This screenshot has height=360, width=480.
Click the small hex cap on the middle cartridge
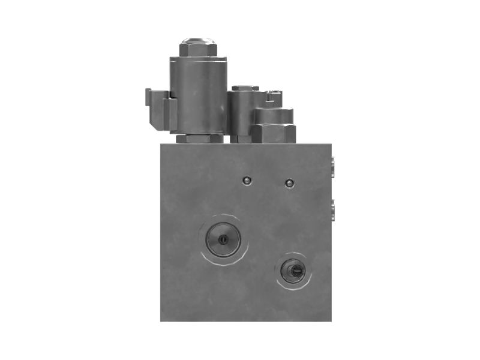pyautogui.click(x=245, y=89)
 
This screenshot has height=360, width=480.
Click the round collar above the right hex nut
pyautogui.click(x=274, y=115)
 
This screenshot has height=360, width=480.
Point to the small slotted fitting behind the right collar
pyautogui.click(x=275, y=95)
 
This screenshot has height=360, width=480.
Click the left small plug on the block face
pyautogui.click(x=245, y=181)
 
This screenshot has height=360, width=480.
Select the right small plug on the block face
pyautogui.click(x=289, y=183)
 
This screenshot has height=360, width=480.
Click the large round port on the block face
pyautogui.click(x=223, y=238)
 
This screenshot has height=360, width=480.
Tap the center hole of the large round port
pyautogui.click(x=223, y=239)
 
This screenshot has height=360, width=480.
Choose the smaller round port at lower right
pyautogui.click(x=294, y=271)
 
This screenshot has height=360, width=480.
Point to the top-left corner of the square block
pyautogui.click(x=161, y=144)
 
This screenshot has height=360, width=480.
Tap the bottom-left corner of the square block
pyautogui.click(x=161, y=320)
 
